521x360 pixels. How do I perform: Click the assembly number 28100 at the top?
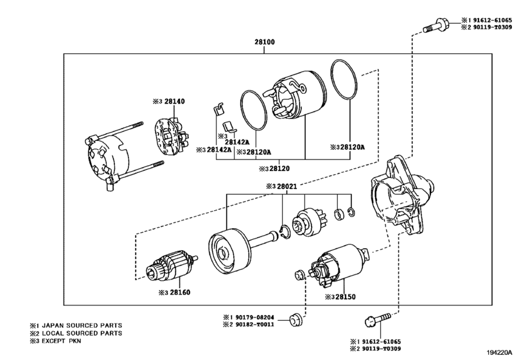pyautogui.click(x=265, y=42)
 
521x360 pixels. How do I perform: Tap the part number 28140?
pyautogui.click(x=175, y=102)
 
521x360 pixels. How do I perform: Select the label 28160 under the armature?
pyautogui.click(x=180, y=292)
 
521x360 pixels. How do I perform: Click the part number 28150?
pyautogui.click(x=345, y=297)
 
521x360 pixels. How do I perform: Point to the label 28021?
pyautogui.click(x=287, y=187)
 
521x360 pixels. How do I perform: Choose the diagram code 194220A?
pyautogui.click(x=500, y=352)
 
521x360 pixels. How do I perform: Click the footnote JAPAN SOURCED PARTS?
pyautogui.click(x=82, y=326)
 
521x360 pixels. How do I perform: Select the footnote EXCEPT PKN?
pyautogui.click(x=61, y=341)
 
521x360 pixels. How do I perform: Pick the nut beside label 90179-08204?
pyautogui.click(x=296, y=319)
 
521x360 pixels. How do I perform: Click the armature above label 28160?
pyautogui.click(x=172, y=266)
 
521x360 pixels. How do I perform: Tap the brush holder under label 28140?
pyautogui.click(x=172, y=137)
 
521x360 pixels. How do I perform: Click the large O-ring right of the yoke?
pyautogui.click(x=344, y=80)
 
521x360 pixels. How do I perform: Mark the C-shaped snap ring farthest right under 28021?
pyautogui.click(x=351, y=212)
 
